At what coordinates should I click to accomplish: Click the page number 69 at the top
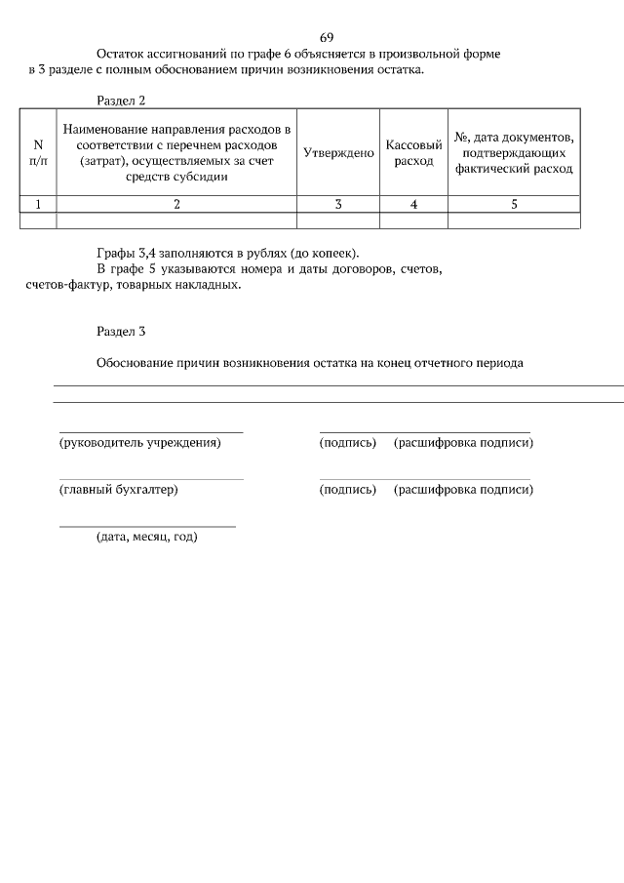[x=327, y=37]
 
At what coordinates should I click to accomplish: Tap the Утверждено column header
[x=338, y=153]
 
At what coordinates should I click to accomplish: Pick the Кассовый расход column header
[x=413, y=153]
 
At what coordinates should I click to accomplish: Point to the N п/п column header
[x=38, y=153]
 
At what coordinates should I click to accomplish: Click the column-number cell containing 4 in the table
[x=413, y=204]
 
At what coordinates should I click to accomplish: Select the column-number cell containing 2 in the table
[x=176, y=204]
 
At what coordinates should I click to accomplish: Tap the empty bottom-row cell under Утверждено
[x=338, y=221]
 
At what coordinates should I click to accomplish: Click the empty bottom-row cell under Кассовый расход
[x=413, y=221]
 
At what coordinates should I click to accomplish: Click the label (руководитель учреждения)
[x=140, y=443]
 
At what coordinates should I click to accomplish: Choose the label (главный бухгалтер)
[x=119, y=490]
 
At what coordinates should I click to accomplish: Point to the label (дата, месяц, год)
[x=146, y=537]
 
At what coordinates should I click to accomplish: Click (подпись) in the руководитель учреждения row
[x=347, y=443]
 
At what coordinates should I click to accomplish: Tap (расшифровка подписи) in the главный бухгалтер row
[x=463, y=490]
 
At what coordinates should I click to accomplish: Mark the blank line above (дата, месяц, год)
[x=147, y=526]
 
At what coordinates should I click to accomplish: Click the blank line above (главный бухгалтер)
[x=151, y=479]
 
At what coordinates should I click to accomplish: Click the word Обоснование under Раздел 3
[x=135, y=363]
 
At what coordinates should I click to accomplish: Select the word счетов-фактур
[x=66, y=286]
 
